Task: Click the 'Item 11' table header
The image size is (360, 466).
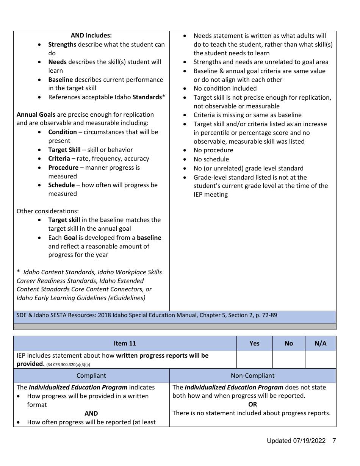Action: click(125, 343)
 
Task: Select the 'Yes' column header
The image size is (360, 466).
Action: click(254, 343)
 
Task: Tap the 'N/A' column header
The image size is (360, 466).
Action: click(320, 343)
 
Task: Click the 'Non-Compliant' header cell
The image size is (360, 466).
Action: click(252, 375)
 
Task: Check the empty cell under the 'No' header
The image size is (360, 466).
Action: click(288, 360)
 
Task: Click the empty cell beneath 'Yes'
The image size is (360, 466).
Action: click(254, 360)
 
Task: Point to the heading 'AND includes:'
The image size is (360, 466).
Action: click(91, 36)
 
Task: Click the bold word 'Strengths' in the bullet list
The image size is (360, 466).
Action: click(62, 44)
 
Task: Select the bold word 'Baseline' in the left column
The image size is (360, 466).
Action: click(60, 80)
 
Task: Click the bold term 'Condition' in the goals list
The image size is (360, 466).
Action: click(63, 132)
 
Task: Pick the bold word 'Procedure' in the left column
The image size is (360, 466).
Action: click(63, 167)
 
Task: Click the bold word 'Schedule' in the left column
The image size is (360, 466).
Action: click(61, 185)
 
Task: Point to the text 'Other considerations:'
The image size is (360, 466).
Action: click(48, 211)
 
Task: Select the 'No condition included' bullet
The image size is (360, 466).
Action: click(225, 88)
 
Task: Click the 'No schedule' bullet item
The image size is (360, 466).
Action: click(211, 159)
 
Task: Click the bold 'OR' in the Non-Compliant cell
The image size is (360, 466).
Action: click(252, 404)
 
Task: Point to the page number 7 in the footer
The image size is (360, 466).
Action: click(334, 441)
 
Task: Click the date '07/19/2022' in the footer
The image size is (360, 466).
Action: click(309, 441)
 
